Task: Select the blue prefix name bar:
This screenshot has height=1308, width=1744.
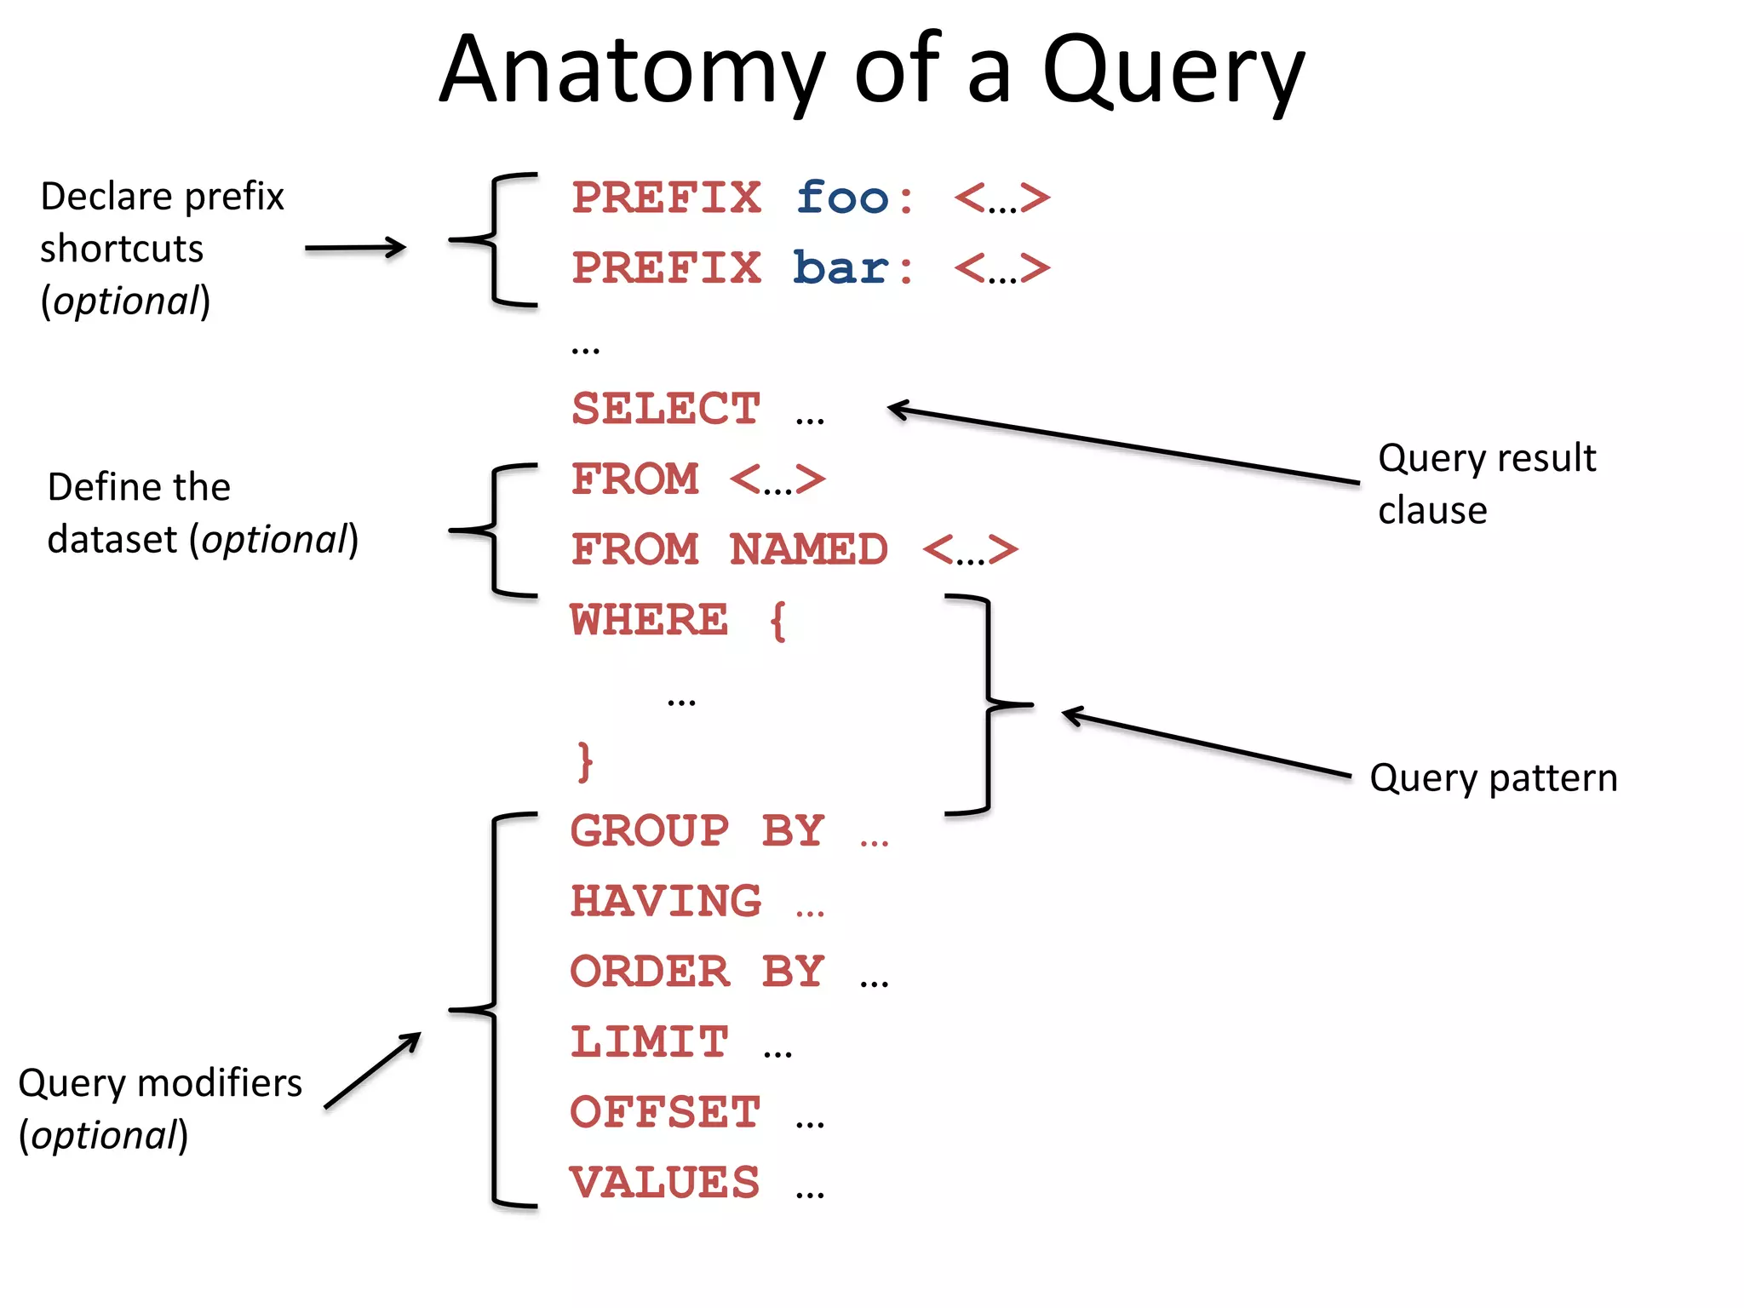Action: pos(852,268)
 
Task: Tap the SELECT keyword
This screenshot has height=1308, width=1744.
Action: pos(666,409)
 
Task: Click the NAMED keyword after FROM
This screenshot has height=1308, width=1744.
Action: pos(809,549)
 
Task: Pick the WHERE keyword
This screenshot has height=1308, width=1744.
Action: pos(650,620)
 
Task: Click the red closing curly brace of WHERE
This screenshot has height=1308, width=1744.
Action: pos(584,760)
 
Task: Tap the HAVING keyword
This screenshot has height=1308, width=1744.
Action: pos(666,902)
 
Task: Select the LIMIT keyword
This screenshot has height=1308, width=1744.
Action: pos(650,1042)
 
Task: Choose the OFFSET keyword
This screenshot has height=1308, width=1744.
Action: pos(665,1113)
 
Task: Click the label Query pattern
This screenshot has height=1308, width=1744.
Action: pos(1493,778)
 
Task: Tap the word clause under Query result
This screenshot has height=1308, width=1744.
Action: pos(1432,511)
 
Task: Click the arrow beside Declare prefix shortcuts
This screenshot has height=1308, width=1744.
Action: pos(355,248)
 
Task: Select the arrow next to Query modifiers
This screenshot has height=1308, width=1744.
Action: pos(373,1070)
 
